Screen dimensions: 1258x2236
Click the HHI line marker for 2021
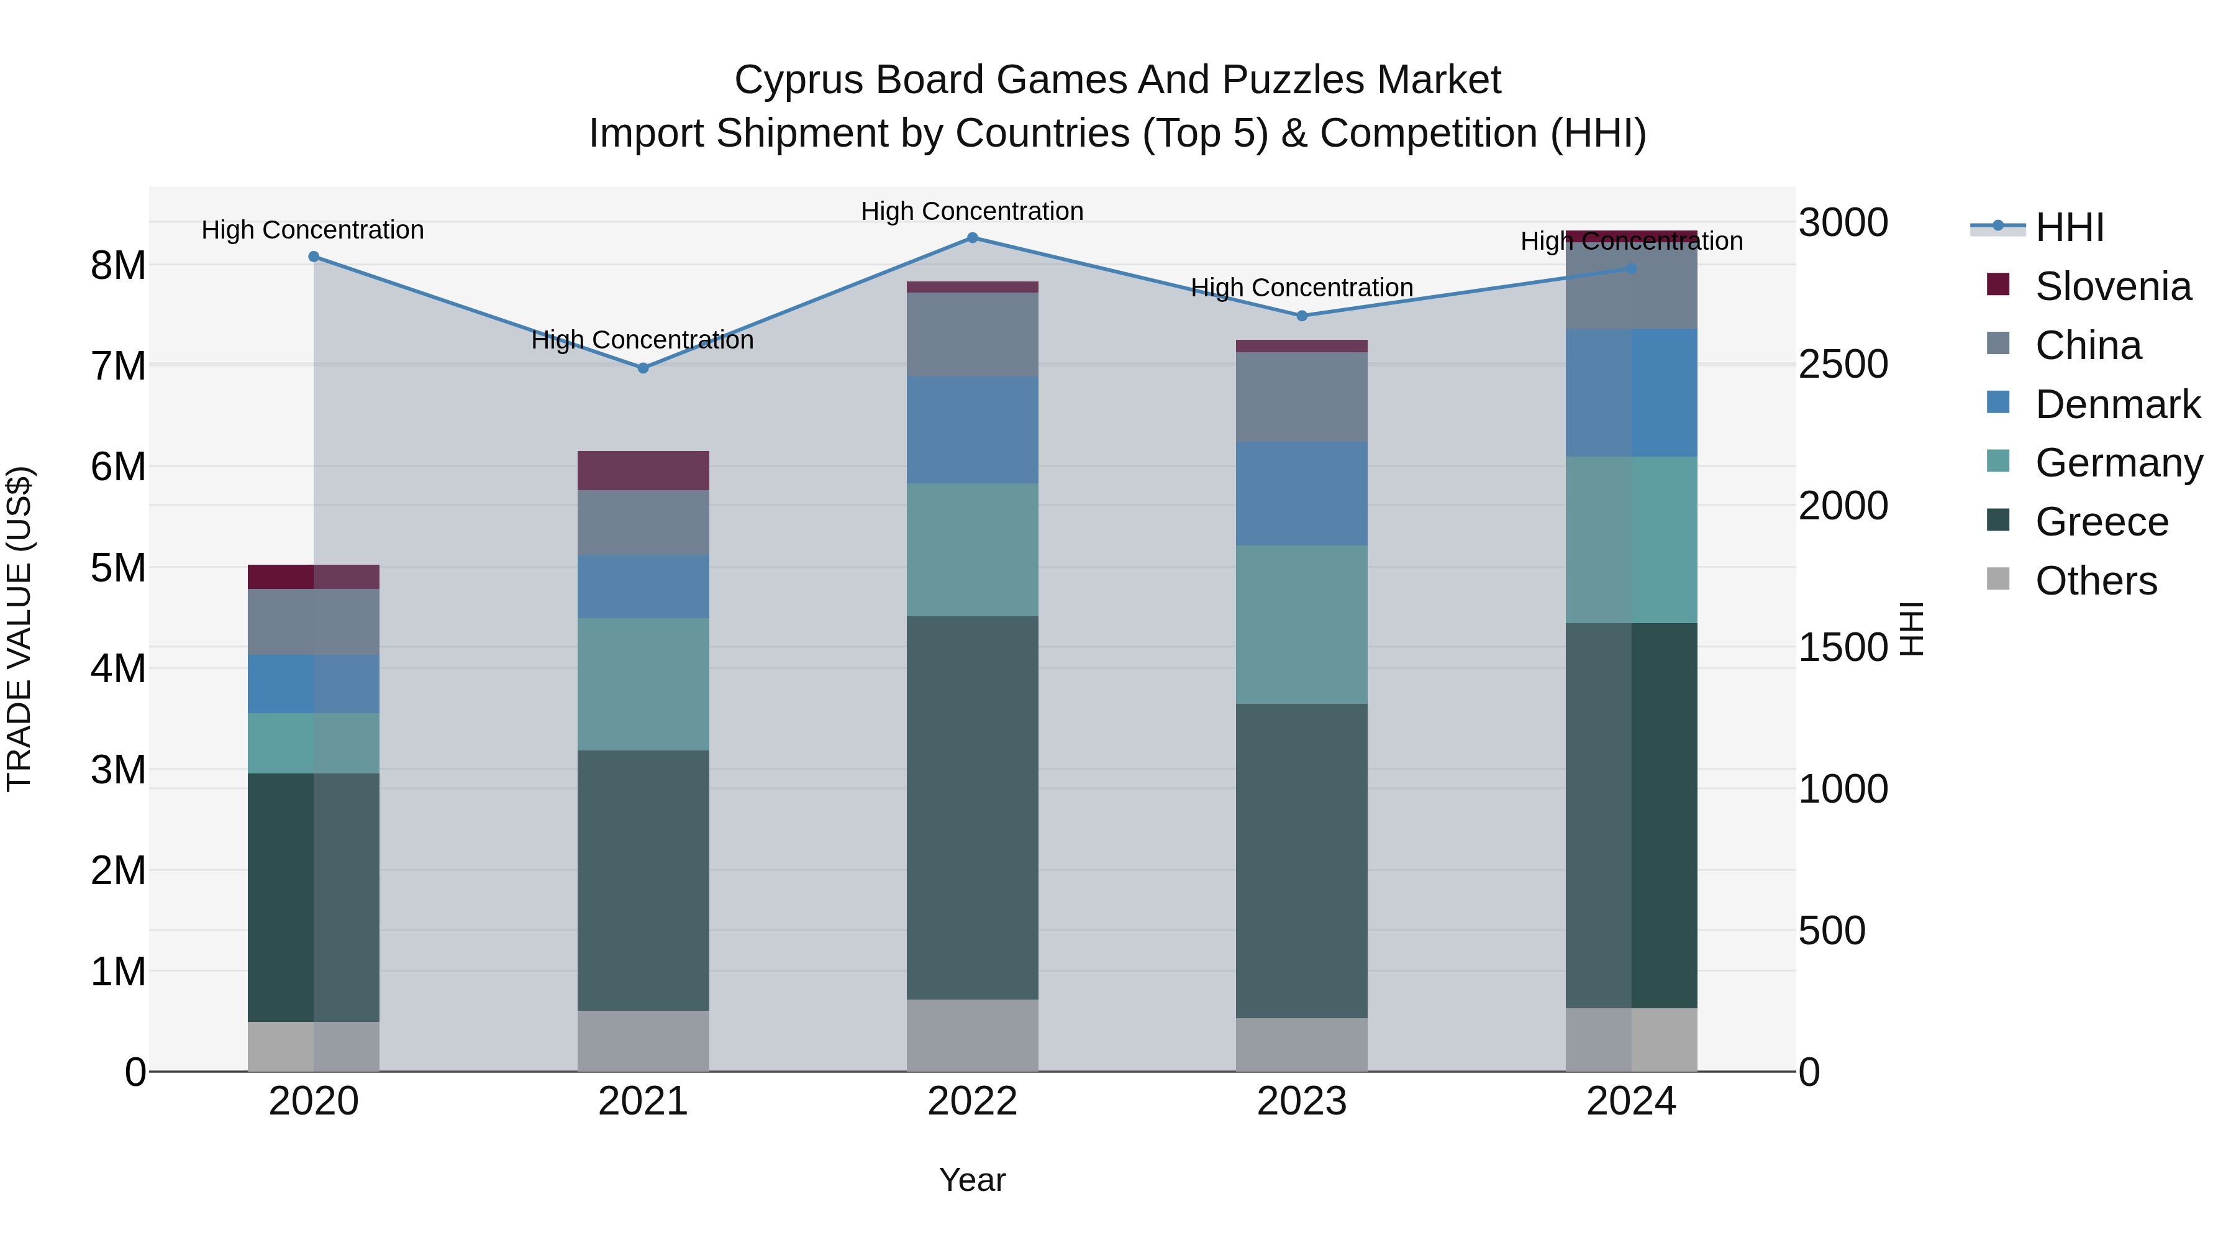point(643,368)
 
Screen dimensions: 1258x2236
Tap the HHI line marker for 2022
point(972,238)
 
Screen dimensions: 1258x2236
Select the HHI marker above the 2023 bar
point(1301,316)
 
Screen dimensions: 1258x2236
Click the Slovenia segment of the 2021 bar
point(643,470)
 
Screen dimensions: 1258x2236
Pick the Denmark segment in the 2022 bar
point(972,430)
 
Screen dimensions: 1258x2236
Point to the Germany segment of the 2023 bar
point(1301,624)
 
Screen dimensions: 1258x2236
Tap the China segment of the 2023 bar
point(1301,397)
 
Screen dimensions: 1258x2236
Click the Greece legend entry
point(2101,522)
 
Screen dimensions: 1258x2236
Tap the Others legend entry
point(2096,581)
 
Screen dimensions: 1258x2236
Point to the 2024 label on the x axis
point(1631,1101)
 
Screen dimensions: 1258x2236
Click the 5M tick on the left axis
point(119,568)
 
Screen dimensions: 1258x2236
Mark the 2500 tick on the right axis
point(1843,365)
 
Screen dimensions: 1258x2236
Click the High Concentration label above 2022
point(972,211)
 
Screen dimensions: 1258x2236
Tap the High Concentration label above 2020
point(312,230)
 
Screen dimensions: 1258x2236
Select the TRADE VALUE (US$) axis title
point(19,629)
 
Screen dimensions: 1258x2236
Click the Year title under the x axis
point(972,1180)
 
